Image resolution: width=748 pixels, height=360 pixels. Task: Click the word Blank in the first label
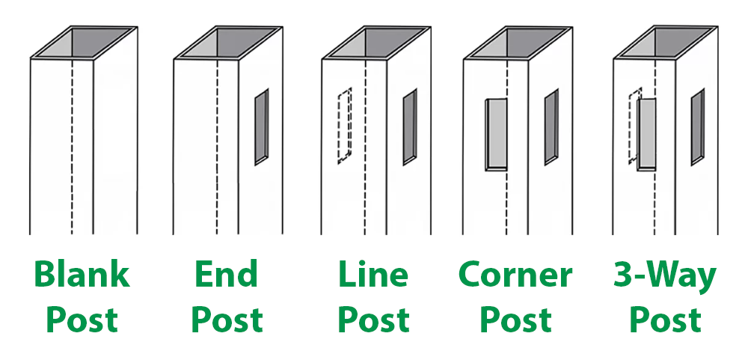82,275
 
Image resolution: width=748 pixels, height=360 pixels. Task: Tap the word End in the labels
226,275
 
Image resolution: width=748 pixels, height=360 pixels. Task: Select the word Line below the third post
373,275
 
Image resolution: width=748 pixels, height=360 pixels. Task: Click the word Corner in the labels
515,275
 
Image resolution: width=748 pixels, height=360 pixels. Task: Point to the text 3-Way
664,276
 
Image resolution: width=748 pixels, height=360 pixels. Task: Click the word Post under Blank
82,320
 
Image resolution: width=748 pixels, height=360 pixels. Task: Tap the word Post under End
226,320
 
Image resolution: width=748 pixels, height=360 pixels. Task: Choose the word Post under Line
373,320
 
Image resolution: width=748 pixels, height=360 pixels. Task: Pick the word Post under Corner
515,320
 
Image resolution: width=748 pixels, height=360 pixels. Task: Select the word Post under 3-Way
664,320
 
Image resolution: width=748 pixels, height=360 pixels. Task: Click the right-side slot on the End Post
260,126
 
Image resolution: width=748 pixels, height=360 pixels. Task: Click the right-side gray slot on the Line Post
409,126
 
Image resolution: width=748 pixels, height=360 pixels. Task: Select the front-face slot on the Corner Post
496,134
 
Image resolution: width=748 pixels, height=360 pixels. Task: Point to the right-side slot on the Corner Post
551,126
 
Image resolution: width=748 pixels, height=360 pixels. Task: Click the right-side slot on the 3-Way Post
697,126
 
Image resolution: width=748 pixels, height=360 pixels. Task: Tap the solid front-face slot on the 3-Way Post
646,134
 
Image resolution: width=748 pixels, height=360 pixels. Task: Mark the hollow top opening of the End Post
228,42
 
